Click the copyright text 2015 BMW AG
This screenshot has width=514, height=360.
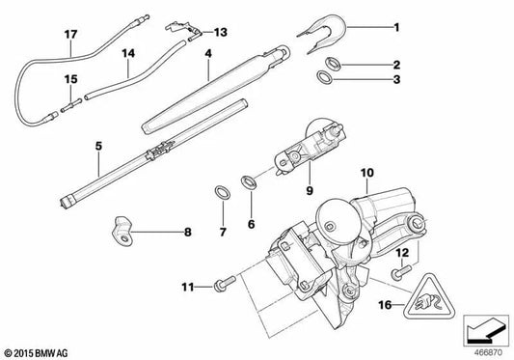pos(37,349)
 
